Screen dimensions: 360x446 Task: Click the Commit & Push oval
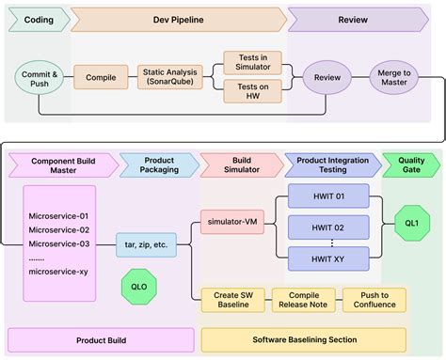(39, 78)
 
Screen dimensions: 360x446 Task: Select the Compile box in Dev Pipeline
(101, 78)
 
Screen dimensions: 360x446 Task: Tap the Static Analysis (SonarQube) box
(170, 78)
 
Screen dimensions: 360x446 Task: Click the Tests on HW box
(252, 92)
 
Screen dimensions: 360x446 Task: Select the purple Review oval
(327, 78)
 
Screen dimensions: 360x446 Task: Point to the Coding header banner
(38, 19)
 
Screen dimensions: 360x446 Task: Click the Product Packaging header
(159, 165)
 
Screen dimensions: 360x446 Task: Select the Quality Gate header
(411, 165)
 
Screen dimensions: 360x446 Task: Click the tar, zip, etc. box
(147, 244)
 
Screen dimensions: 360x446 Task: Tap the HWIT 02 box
(326, 227)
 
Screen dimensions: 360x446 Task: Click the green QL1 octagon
(411, 223)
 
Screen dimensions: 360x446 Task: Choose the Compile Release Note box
(303, 300)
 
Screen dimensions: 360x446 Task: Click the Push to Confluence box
(374, 300)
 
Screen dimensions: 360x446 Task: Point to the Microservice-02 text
(59, 229)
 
